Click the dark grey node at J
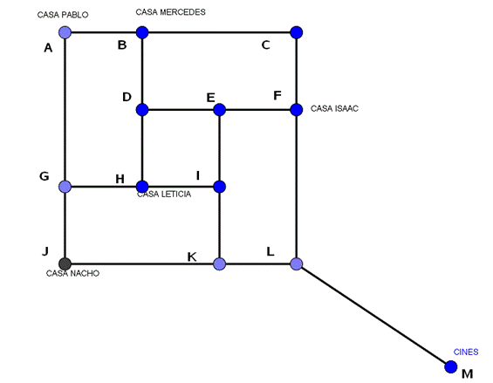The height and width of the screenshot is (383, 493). pos(65,263)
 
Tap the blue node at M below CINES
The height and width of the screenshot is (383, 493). pos(451,366)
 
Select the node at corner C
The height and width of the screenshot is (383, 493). pos(297,32)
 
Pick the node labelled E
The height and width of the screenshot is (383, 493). pos(220,110)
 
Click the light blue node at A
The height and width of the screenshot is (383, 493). pos(65,32)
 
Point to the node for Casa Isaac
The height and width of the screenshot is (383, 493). pos(297,110)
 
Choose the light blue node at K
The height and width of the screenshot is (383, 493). pos(220,263)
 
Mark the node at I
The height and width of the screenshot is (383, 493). pos(220,187)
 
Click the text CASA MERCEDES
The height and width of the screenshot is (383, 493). pos(170,12)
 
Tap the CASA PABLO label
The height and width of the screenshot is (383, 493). pos(63,15)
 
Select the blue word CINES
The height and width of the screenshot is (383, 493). pos(466,352)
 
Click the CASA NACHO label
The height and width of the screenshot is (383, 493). pos(72,273)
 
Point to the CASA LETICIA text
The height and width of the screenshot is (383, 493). pos(164,194)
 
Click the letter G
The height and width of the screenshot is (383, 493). pos(45,176)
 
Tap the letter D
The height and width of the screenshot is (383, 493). pos(127,97)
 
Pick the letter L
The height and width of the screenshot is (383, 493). pos(270,251)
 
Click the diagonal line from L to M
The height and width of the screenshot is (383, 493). pos(373,315)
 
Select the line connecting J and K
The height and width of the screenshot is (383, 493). pos(142,263)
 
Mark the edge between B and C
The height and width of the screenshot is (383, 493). pos(219,32)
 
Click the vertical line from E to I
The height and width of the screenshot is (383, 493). pos(220,148)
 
